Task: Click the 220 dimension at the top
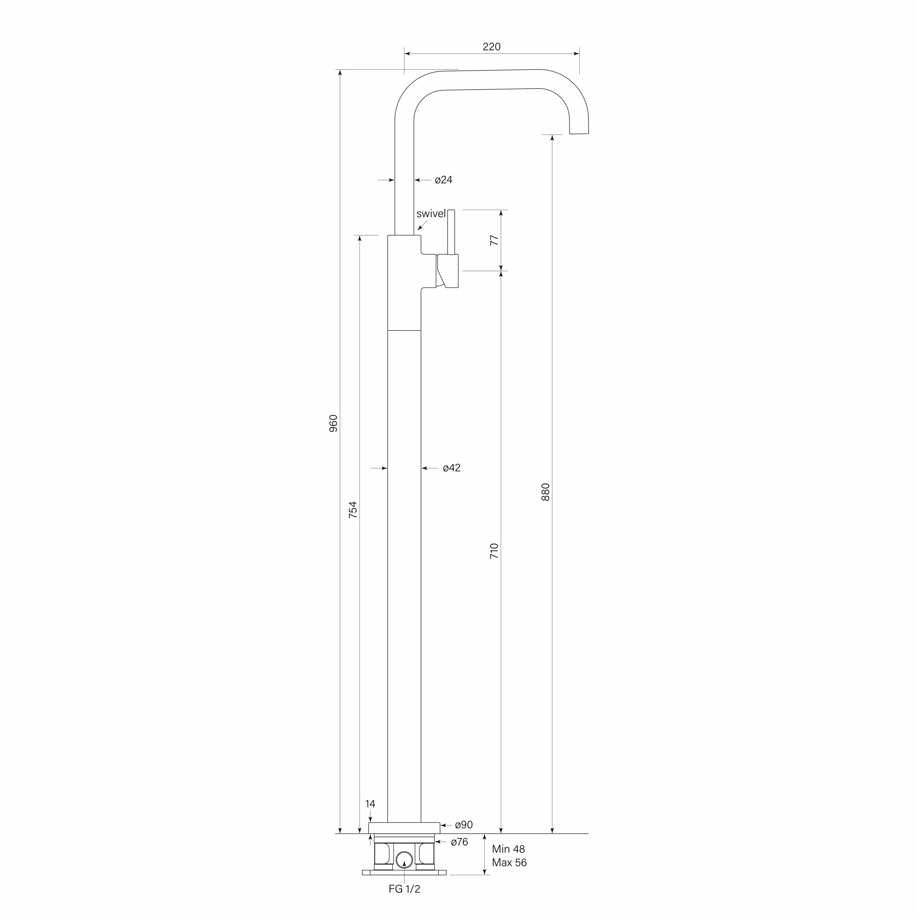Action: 491,47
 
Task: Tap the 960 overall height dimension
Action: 333,423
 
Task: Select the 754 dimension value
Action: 353,510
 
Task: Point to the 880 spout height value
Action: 545,492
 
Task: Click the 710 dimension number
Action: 494,551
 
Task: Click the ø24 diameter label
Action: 443,180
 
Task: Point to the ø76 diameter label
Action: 459,842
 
